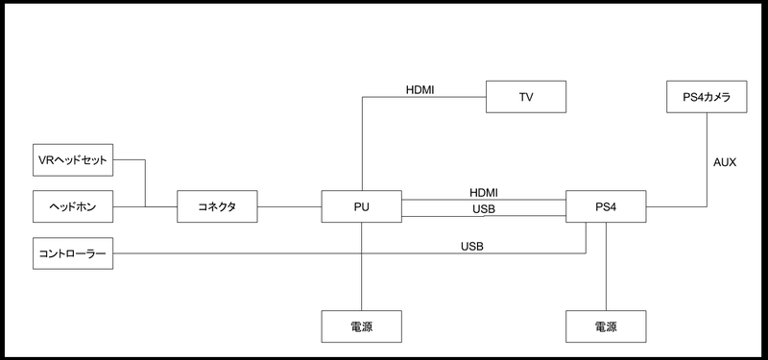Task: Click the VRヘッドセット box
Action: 73,159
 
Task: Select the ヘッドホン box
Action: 73,206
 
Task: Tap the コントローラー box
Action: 73,253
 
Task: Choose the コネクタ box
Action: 217,206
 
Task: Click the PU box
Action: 362,206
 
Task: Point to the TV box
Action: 526,97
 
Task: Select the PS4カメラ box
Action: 707,97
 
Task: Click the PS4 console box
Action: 606,206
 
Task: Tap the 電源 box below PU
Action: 362,326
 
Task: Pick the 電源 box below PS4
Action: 606,326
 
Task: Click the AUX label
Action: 725,162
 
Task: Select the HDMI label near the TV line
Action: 420,90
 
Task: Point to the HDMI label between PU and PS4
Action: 484,193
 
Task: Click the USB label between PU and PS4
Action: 484,209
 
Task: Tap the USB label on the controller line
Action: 472,247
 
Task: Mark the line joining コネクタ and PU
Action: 290,206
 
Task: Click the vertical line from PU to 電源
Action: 362,267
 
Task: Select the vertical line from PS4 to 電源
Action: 606,267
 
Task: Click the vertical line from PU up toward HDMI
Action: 362,143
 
